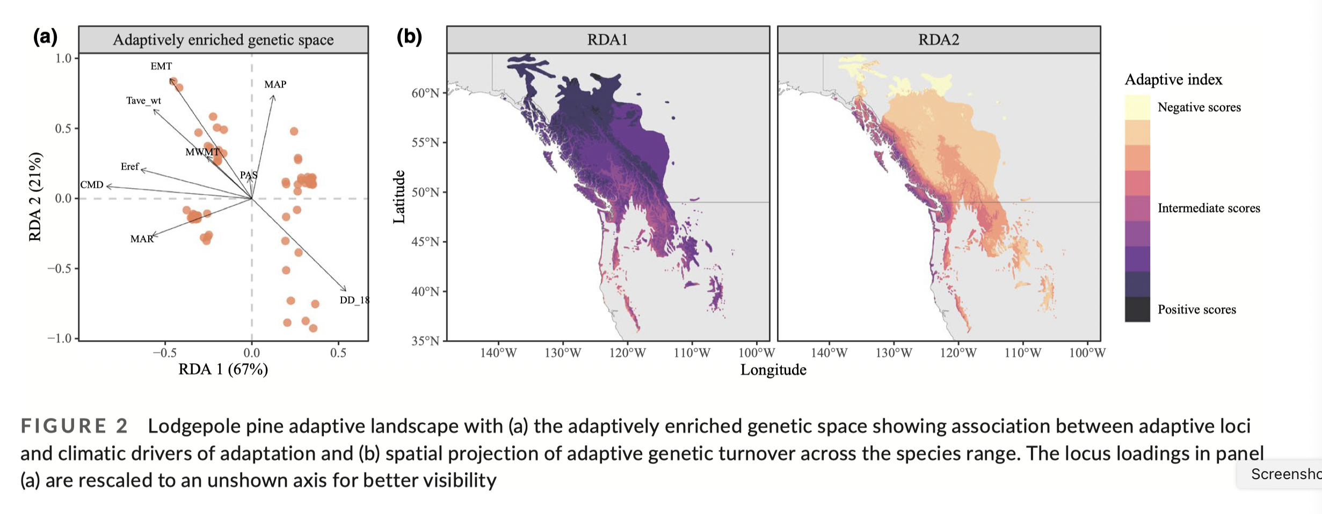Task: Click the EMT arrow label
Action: pyautogui.click(x=161, y=67)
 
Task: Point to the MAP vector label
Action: pyautogui.click(x=275, y=85)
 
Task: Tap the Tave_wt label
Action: pyautogui.click(x=143, y=101)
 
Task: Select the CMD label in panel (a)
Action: pyautogui.click(x=92, y=185)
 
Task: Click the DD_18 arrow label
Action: pyautogui.click(x=354, y=300)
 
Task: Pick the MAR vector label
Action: pyautogui.click(x=142, y=239)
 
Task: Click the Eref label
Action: pyautogui.click(x=130, y=167)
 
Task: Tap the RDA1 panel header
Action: pyautogui.click(x=607, y=40)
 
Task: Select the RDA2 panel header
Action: pyautogui.click(x=939, y=40)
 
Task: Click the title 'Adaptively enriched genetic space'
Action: pyautogui.click(x=223, y=40)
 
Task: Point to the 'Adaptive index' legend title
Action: pyautogui.click(x=1173, y=80)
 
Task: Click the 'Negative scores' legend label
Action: pyautogui.click(x=1199, y=107)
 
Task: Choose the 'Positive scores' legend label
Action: pyautogui.click(x=1196, y=310)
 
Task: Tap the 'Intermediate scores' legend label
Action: pyautogui.click(x=1209, y=208)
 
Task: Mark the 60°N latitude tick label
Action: pyautogui.click(x=425, y=93)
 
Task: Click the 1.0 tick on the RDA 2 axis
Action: pyautogui.click(x=63, y=58)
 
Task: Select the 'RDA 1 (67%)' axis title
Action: pyautogui.click(x=223, y=369)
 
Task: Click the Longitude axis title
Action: pyautogui.click(x=773, y=370)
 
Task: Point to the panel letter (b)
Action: pyautogui.click(x=409, y=36)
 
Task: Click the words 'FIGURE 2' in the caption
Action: pyautogui.click(x=74, y=426)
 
